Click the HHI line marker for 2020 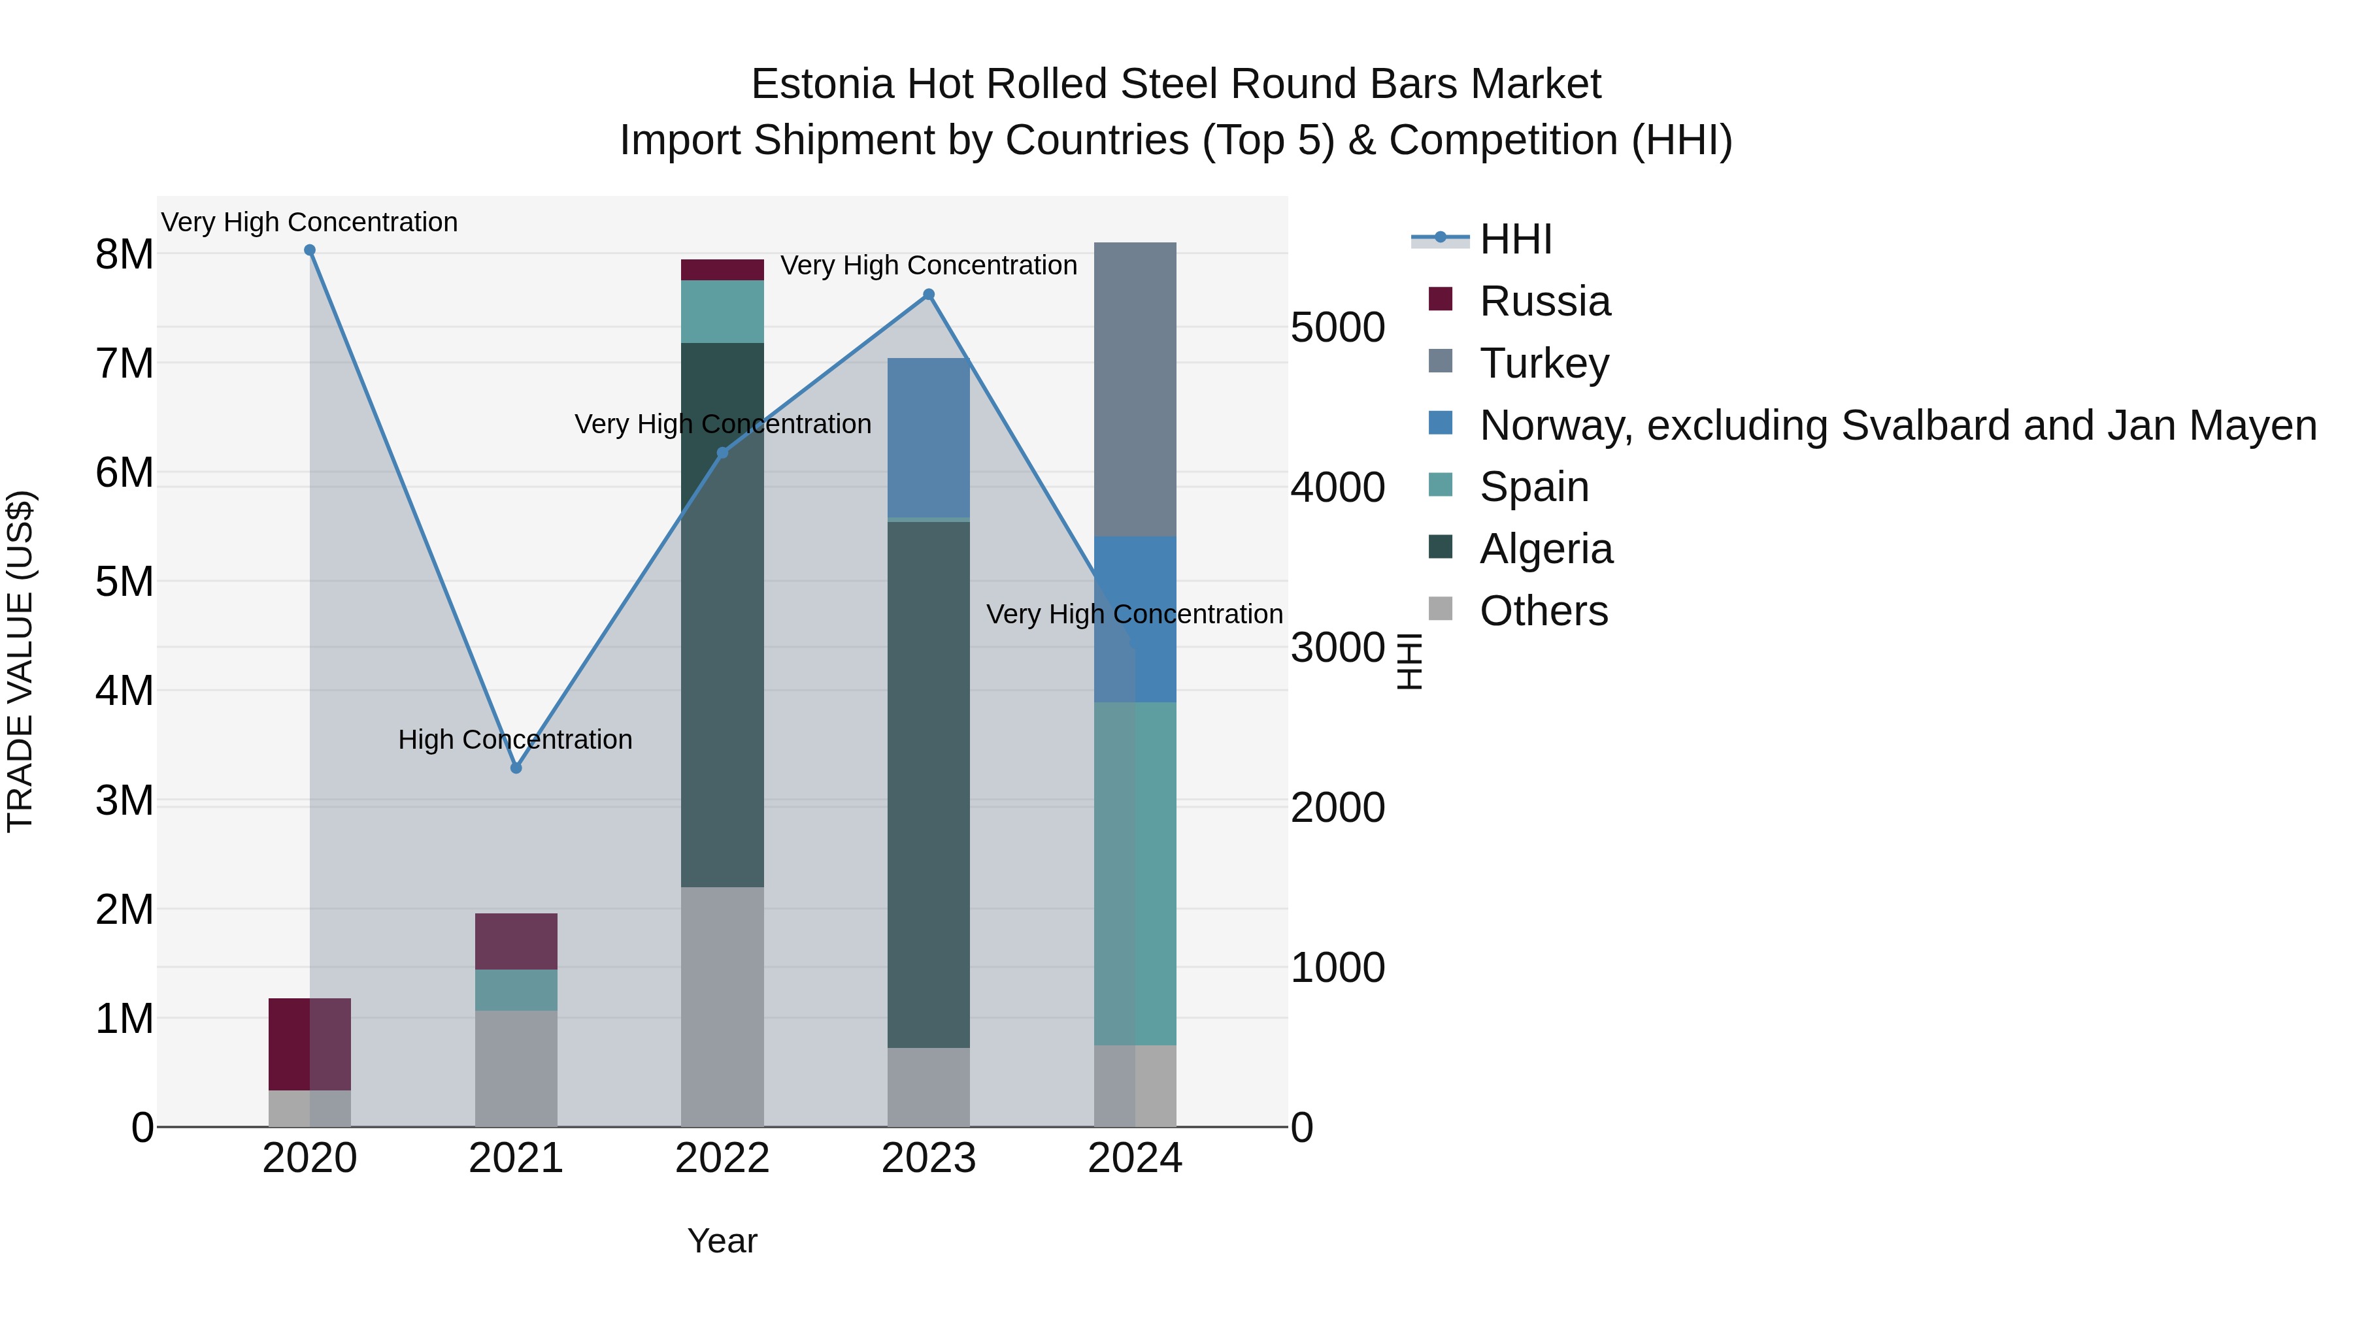click(x=310, y=250)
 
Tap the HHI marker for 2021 click(x=516, y=768)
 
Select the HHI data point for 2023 click(x=929, y=295)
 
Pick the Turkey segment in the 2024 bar click(x=1135, y=390)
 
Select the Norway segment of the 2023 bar click(x=929, y=438)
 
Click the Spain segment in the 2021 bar click(x=516, y=990)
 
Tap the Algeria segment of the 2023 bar click(x=929, y=785)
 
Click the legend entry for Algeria click(x=1546, y=549)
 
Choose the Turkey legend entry click(x=1544, y=363)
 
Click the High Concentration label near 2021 click(x=515, y=740)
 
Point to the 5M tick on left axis click(x=125, y=581)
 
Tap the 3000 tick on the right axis click(x=1337, y=647)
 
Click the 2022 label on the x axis click(x=722, y=1158)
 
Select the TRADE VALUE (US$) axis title click(x=20, y=661)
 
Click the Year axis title click(x=722, y=1241)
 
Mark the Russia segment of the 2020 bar click(x=310, y=1043)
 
